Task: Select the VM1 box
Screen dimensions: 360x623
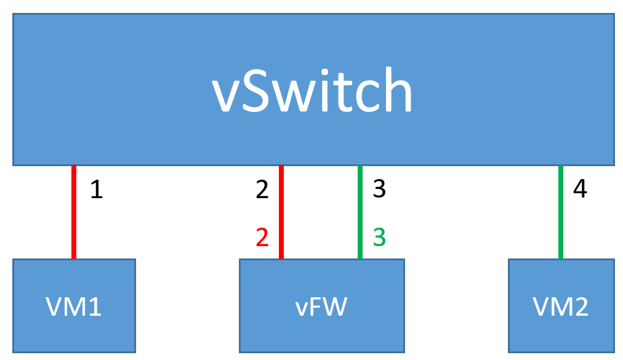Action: (74, 305)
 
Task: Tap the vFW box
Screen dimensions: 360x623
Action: (321, 305)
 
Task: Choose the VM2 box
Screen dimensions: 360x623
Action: (560, 305)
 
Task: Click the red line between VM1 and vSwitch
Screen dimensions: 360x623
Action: (74, 212)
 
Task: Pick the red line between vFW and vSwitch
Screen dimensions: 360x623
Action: (281, 212)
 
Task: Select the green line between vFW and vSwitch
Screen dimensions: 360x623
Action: (360, 212)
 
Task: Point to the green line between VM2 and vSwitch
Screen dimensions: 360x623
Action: (560, 212)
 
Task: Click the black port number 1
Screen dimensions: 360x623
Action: (96, 190)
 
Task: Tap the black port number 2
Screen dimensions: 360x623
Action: (262, 190)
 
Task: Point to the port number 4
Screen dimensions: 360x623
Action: (579, 189)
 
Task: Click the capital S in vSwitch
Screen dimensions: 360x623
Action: (257, 91)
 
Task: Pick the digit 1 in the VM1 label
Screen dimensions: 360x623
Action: (94, 306)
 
